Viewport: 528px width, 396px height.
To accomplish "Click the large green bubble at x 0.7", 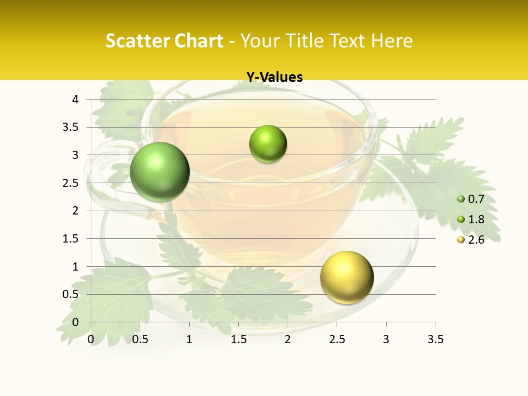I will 160,172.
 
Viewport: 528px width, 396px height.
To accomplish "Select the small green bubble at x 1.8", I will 268,144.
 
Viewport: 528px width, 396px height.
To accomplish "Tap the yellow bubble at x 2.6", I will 346,277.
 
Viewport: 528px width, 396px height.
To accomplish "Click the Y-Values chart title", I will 274,78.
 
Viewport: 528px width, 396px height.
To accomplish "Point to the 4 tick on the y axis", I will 75,100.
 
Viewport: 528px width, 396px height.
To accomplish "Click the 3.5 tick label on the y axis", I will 71,127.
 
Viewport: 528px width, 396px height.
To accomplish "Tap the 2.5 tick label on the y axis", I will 71,183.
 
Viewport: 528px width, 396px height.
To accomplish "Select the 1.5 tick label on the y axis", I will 71,239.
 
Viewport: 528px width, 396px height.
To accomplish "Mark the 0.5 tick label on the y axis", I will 71,294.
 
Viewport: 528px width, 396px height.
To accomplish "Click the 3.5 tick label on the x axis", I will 435,340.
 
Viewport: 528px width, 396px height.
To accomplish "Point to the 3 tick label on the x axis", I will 386,340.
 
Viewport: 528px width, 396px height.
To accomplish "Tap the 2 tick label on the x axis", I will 288,340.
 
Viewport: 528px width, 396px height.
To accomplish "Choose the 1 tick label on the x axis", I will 189,340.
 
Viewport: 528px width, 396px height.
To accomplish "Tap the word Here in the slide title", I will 392,41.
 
